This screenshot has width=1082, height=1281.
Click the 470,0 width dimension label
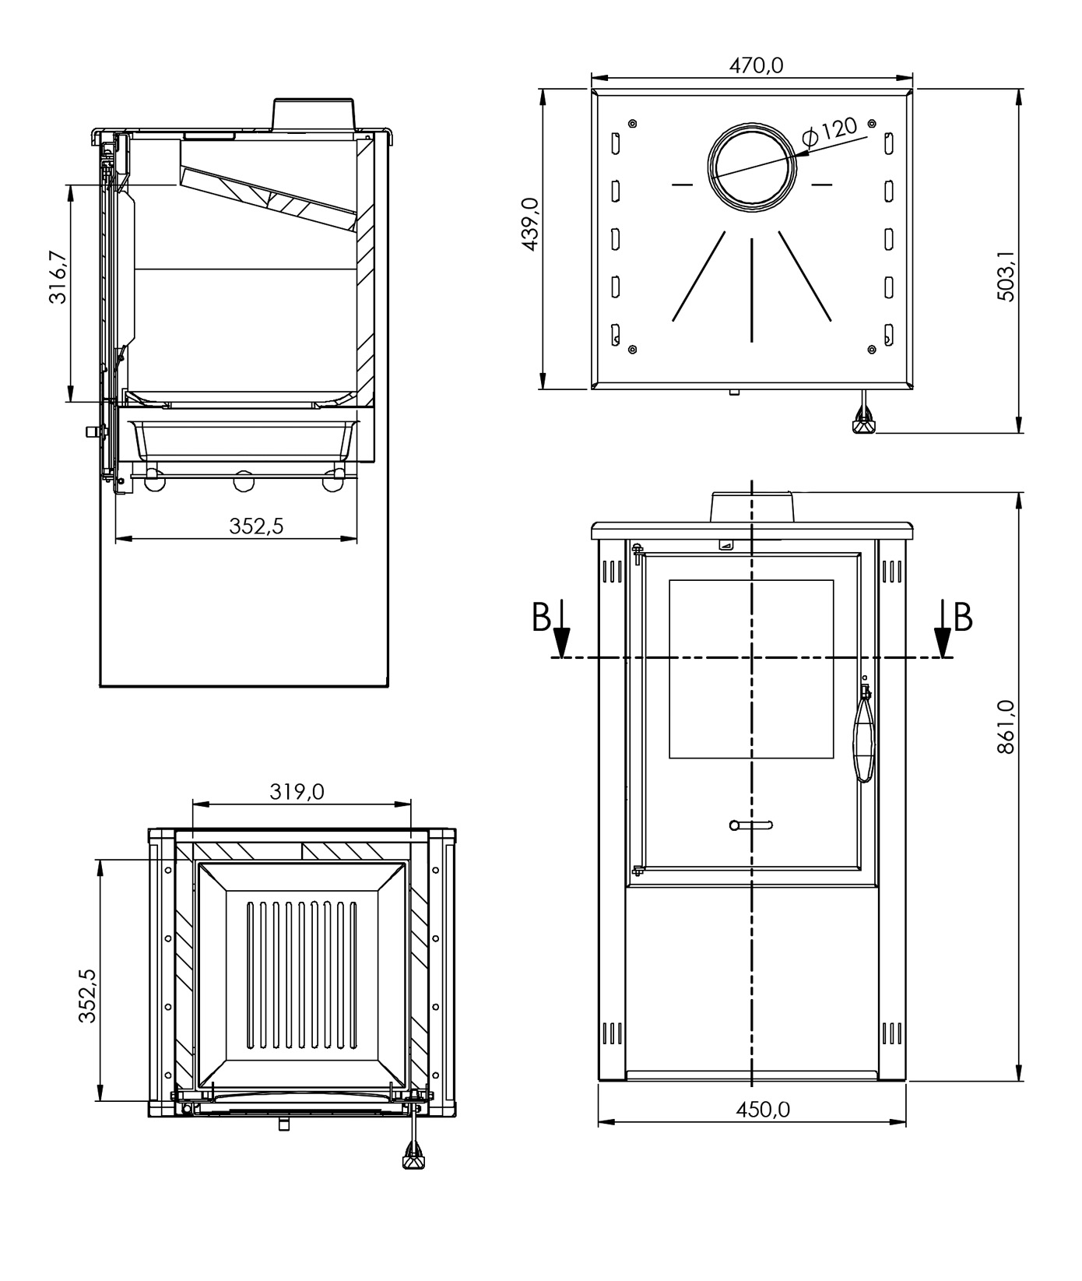(x=755, y=65)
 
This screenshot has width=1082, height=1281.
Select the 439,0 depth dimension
(x=530, y=224)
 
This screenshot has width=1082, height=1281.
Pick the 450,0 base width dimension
(x=763, y=1109)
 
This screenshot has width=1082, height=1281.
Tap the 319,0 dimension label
(x=297, y=791)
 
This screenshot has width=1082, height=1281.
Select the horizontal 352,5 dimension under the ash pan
(x=256, y=526)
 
